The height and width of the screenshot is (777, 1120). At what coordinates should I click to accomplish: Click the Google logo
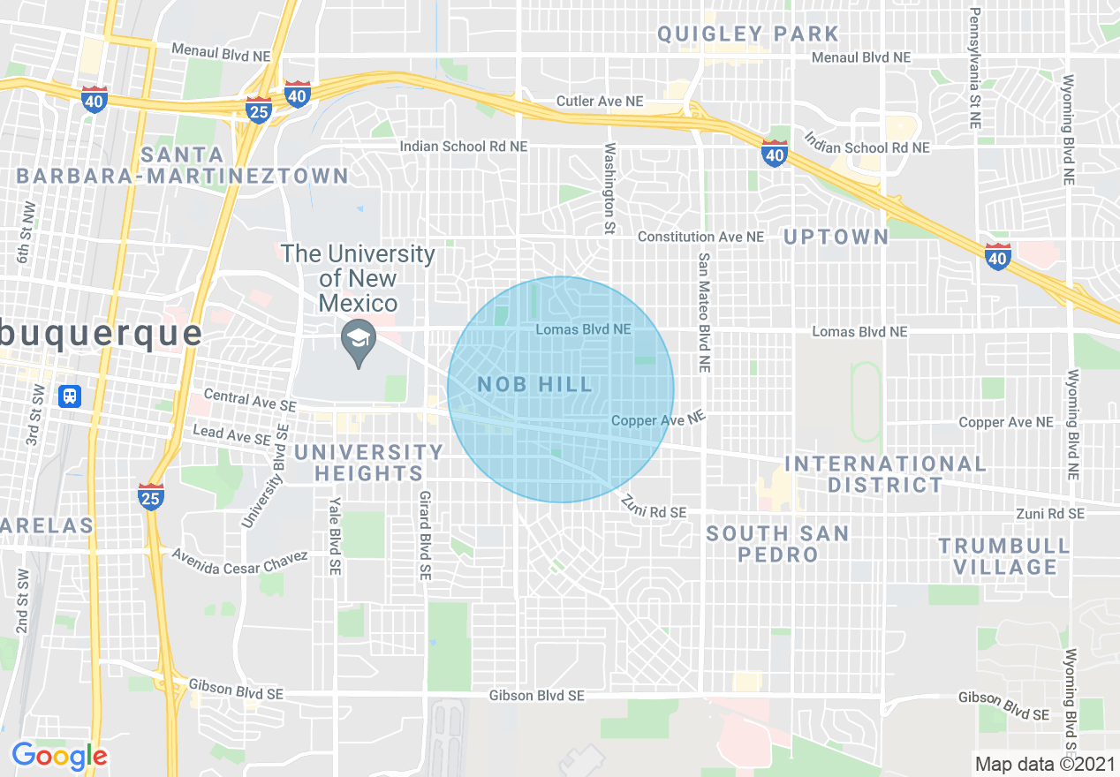coord(59,756)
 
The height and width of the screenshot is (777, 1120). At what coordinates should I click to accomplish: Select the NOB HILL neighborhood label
coord(534,385)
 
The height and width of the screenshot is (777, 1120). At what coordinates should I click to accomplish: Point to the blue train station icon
coord(69,396)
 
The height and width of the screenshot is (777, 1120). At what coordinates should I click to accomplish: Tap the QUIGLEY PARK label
coord(747,34)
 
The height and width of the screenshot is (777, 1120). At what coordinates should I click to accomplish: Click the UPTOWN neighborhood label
coord(836,237)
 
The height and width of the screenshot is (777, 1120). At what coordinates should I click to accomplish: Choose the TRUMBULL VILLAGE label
coord(1005,556)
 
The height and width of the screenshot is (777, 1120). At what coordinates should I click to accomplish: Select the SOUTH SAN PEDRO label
coord(777,544)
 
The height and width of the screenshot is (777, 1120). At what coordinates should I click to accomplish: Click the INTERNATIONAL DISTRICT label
coord(885,474)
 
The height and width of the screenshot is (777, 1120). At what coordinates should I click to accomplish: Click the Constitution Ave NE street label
coord(700,237)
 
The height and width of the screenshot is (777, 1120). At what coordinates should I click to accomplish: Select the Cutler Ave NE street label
coord(600,102)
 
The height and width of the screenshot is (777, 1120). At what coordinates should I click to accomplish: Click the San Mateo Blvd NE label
coord(705,312)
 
